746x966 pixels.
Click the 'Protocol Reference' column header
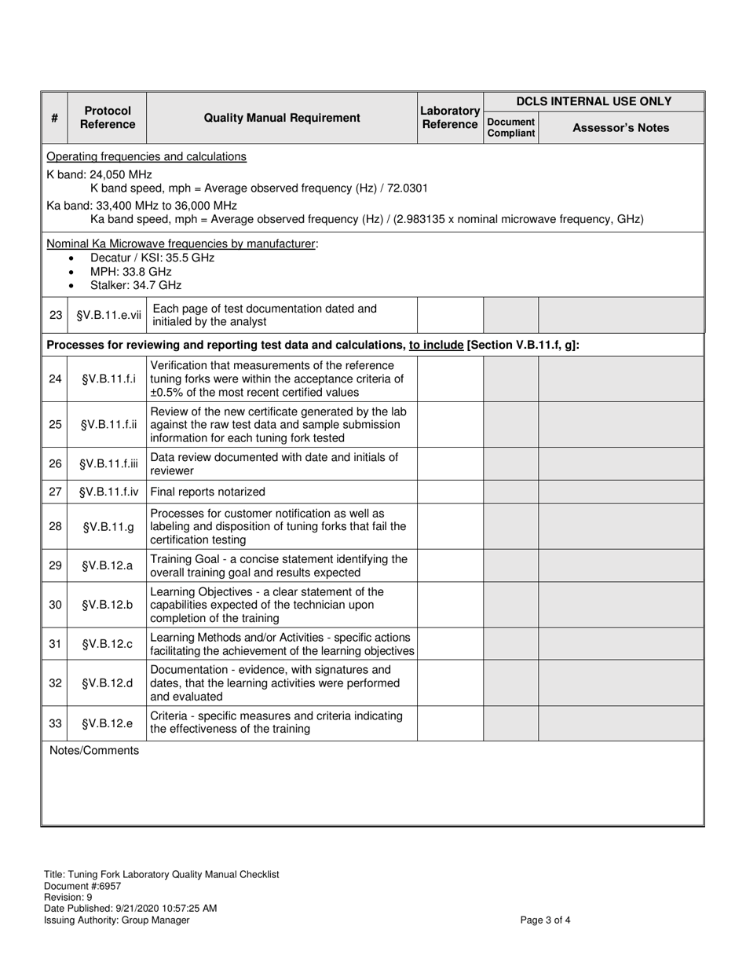(107, 118)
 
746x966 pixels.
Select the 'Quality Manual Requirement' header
(282, 118)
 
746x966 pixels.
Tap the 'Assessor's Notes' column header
(620, 128)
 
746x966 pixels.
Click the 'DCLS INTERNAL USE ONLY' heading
(594, 101)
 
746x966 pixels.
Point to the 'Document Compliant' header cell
(510, 127)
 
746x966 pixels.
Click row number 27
(55, 492)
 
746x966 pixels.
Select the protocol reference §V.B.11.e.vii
(108, 315)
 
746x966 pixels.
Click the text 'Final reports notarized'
(207, 492)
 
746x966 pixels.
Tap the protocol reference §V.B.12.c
(108, 643)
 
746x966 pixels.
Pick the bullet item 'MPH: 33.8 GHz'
(130, 271)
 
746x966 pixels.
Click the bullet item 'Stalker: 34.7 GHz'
(135, 284)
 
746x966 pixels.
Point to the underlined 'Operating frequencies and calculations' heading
(146, 156)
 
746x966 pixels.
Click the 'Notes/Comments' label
(94, 750)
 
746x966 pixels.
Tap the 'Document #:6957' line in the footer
(82, 886)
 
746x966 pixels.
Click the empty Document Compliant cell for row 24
(510, 379)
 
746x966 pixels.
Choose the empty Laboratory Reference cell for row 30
(450, 604)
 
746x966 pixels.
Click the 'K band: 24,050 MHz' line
(100, 174)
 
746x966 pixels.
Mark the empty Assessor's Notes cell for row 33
(620, 723)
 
